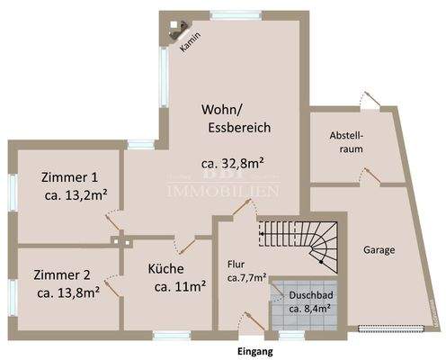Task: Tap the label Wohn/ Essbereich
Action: click(x=236, y=118)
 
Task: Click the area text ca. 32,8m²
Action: click(x=236, y=164)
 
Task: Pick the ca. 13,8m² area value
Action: click(x=68, y=292)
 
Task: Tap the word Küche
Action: click(x=166, y=268)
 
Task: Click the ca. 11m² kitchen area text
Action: click(x=179, y=287)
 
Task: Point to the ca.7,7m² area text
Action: click(x=247, y=278)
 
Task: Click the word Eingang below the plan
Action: click(x=254, y=350)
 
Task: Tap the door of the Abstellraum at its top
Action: click(x=363, y=99)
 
